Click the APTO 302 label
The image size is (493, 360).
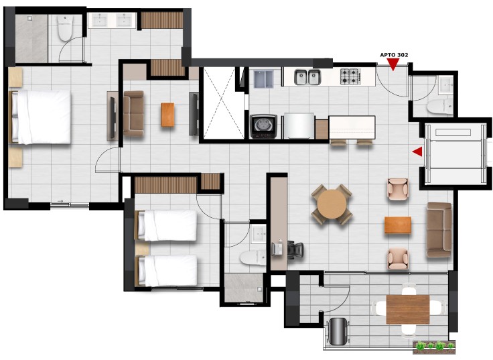394,55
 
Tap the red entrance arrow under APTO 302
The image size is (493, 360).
393,64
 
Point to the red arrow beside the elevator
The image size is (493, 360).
417,152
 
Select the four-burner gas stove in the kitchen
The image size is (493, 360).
350,76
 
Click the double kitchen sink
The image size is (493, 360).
307,77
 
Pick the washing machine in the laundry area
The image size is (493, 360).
263,127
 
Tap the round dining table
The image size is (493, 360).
332,204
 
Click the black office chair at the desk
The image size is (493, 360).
295,250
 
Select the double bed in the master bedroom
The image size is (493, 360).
40,117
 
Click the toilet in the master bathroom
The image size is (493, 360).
65,28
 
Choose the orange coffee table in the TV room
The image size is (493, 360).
167,115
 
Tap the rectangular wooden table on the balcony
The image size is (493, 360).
408,309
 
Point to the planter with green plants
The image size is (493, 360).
434,346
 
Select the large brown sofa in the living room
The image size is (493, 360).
439,230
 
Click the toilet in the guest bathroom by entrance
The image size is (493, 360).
439,106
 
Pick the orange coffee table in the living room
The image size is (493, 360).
398,225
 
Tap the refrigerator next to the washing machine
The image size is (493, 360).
299,126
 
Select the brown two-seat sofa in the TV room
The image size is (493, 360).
133,113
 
